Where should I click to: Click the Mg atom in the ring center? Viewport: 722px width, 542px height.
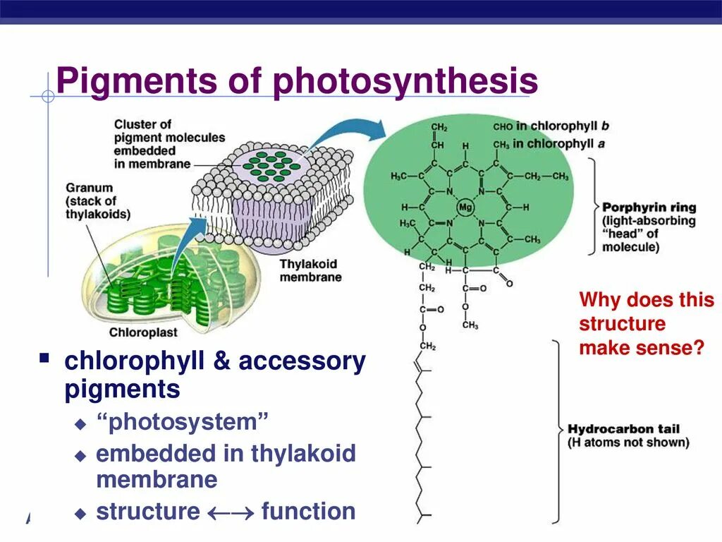(465, 207)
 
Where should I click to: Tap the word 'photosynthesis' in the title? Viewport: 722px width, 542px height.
(405, 82)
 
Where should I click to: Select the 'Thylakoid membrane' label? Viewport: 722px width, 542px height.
(310, 270)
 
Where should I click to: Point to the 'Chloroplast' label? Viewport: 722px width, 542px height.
(143, 332)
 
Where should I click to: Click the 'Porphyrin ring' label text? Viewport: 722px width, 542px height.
(649, 207)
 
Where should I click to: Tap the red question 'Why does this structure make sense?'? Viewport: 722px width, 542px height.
(646, 324)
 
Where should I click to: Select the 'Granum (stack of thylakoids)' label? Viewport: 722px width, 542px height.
(99, 201)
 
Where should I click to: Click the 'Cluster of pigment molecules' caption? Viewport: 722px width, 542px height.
(169, 144)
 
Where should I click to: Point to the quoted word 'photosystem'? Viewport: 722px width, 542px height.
(183, 423)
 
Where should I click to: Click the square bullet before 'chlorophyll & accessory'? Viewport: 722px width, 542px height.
(44, 359)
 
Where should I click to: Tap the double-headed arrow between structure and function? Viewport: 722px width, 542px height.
(231, 512)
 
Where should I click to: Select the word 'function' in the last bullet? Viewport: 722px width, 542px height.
(308, 512)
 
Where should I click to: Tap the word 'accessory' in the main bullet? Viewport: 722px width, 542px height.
(302, 361)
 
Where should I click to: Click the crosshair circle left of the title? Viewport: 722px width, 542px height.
(48, 96)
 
